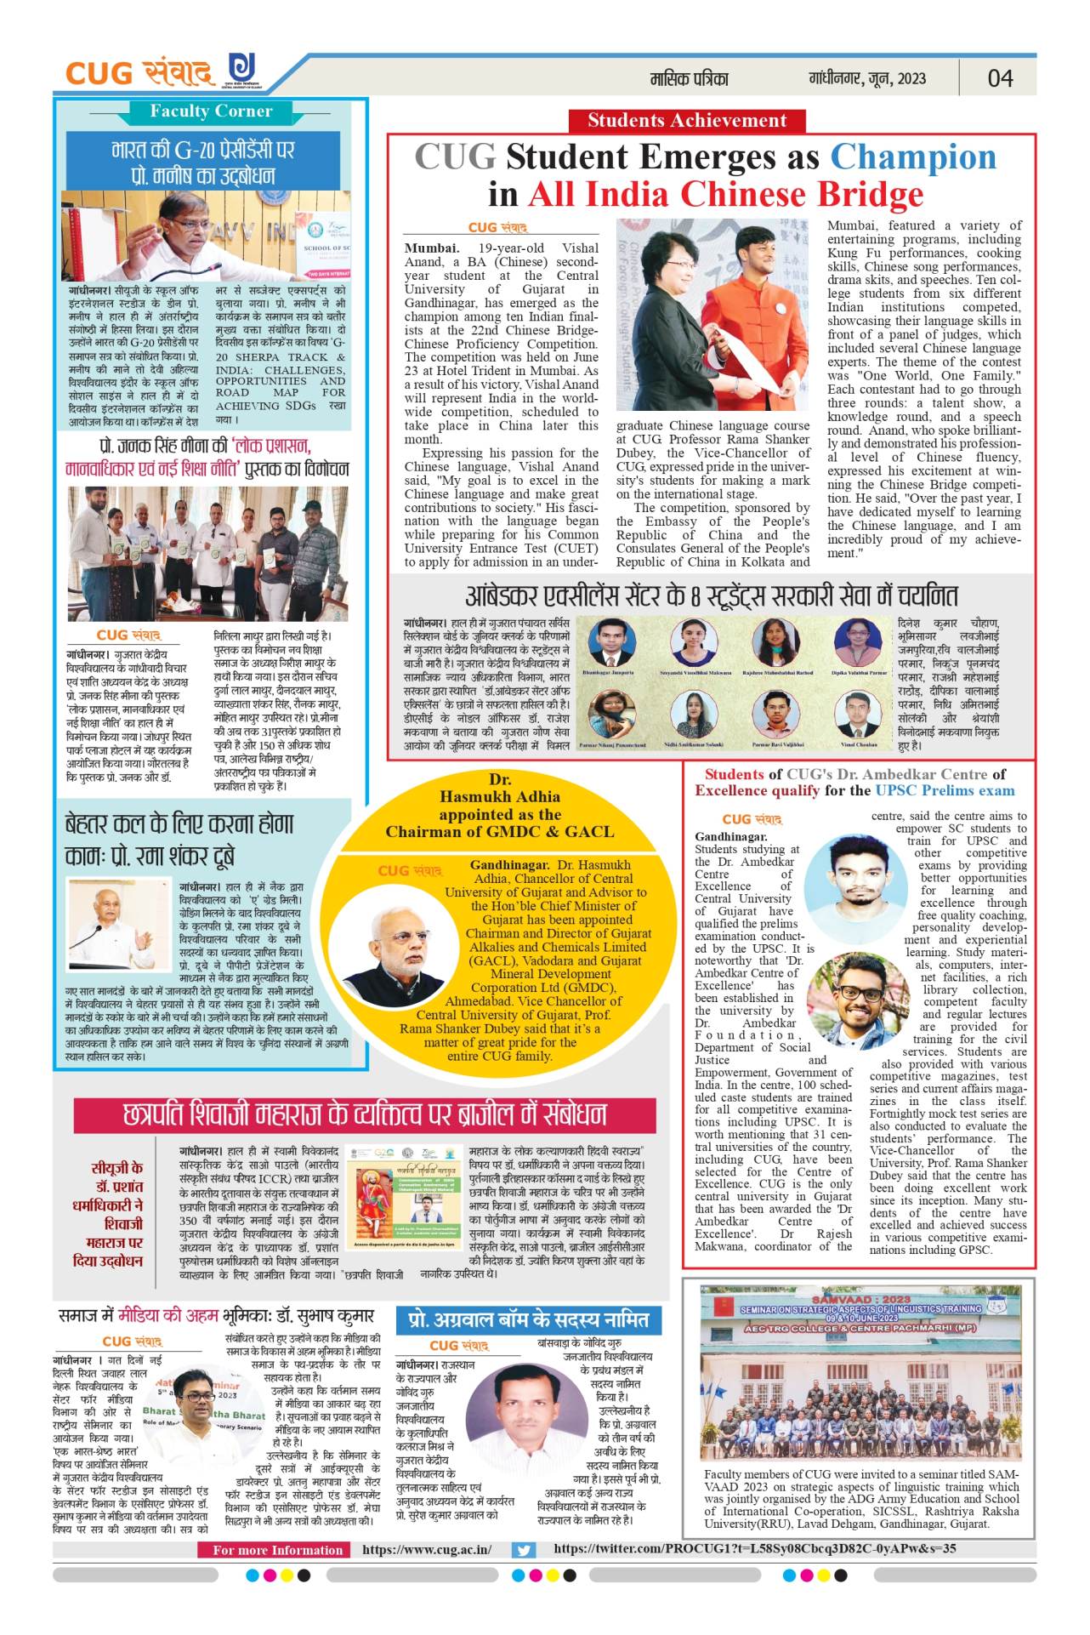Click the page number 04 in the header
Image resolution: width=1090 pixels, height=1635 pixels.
(x=999, y=78)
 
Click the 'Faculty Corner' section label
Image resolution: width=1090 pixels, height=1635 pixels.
(x=211, y=111)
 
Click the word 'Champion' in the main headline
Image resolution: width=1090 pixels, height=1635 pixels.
(x=912, y=157)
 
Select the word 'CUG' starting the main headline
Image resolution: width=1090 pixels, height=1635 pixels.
(x=455, y=157)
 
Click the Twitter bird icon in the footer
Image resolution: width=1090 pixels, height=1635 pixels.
(x=524, y=1550)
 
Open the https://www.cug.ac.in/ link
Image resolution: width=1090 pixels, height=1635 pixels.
(x=427, y=1550)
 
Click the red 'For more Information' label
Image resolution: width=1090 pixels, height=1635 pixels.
(x=278, y=1550)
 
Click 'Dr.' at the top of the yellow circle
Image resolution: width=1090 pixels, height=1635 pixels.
(x=500, y=779)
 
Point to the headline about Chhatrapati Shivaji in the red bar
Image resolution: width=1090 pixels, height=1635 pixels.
(x=366, y=1115)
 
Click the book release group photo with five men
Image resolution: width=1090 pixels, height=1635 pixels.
(x=207, y=554)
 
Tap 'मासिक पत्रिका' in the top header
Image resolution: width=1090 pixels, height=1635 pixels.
(x=690, y=79)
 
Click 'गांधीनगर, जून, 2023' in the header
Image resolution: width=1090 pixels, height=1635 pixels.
(x=867, y=79)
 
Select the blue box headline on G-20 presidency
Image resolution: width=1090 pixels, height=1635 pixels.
(x=204, y=162)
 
